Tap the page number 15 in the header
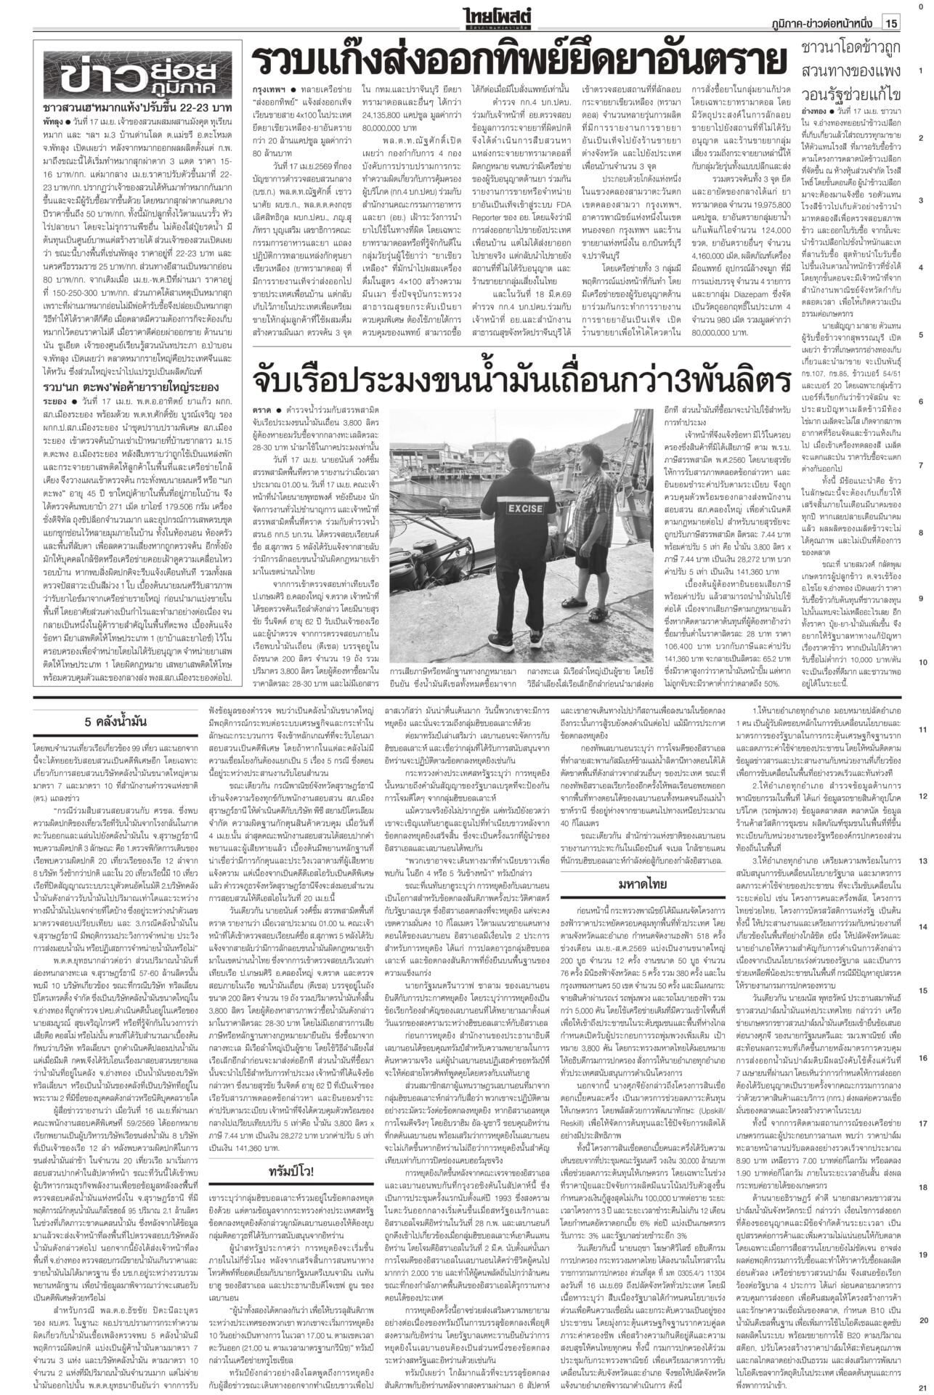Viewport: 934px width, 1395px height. (x=891, y=23)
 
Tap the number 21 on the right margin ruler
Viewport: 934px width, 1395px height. (x=920, y=1386)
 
